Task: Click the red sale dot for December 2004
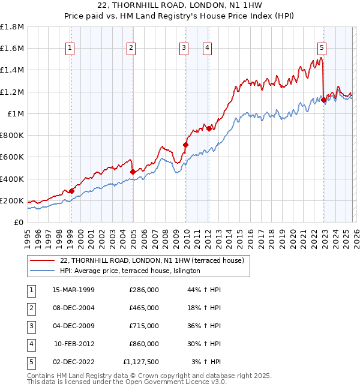point(133,172)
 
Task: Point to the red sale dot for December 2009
point(185,145)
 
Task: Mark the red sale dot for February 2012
point(209,128)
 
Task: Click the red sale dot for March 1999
point(71,191)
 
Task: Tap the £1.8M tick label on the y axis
point(12,27)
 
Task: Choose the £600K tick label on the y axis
point(12,157)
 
